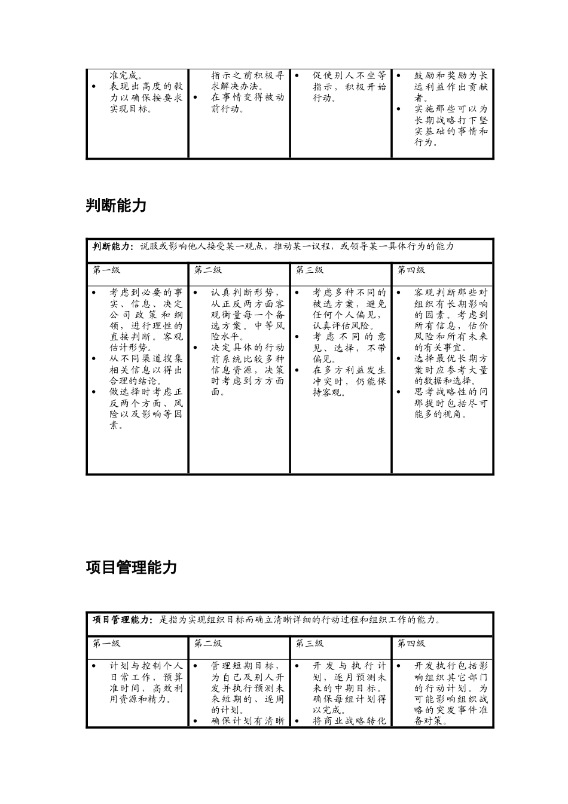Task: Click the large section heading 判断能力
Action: [x=116, y=206]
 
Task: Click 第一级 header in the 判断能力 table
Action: [x=106, y=270]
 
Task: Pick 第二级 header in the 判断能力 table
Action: [x=208, y=270]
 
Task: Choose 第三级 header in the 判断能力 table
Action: [x=310, y=270]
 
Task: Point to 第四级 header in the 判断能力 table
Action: [x=411, y=270]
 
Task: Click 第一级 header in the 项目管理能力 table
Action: [x=106, y=644]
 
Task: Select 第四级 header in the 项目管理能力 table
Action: [x=411, y=644]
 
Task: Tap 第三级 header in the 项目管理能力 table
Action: [x=310, y=644]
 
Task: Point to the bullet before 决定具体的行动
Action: [x=196, y=348]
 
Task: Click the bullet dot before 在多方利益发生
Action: [x=298, y=370]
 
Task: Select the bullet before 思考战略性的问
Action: [x=399, y=391]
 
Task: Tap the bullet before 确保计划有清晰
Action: [x=196, y=721]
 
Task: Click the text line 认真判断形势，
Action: [x=246, y=293]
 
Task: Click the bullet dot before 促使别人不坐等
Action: [x=298, y=76]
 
